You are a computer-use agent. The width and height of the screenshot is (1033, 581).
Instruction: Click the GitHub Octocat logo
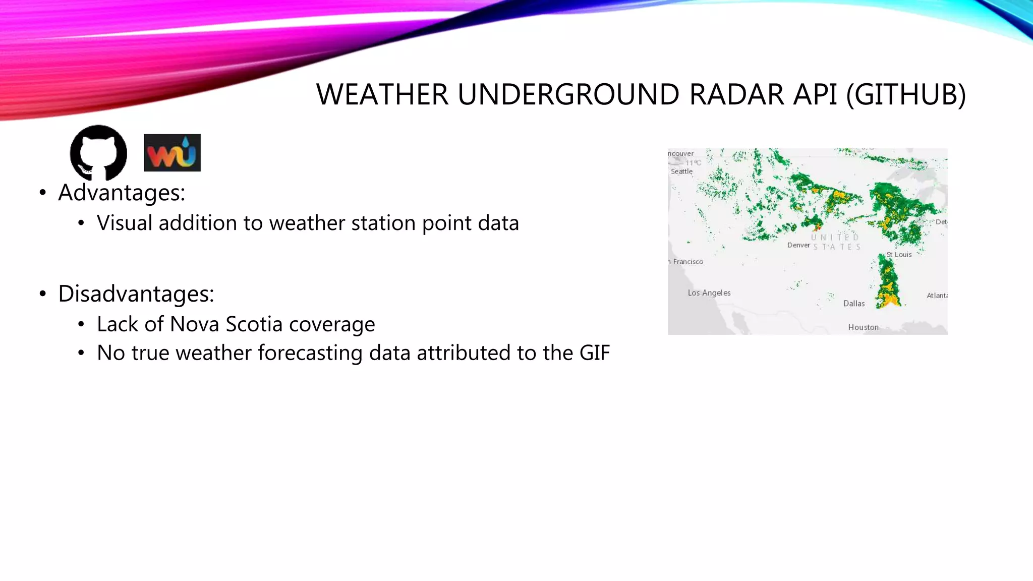(x=98, y=152)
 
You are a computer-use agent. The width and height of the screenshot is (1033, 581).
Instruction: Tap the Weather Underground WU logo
(x=172, y=153)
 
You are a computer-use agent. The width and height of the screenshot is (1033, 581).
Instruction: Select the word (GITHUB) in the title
(x=905, y=94)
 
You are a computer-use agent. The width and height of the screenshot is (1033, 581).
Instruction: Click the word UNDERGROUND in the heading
(x=568, y=94)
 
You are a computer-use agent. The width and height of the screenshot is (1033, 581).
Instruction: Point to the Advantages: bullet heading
(x=122, y=193)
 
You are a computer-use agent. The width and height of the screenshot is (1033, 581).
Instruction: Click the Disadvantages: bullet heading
(x=136, y=294)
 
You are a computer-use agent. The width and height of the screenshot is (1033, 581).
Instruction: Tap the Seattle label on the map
(x=681, y=171)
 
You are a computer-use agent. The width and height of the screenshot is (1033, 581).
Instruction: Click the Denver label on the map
(x=798, y=245)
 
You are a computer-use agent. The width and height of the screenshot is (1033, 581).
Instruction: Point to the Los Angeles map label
(x=709, y=293)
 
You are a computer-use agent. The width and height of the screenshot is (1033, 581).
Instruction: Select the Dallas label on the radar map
(x=854, y=303)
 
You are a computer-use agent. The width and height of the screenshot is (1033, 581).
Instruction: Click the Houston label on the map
(x=863, y=327)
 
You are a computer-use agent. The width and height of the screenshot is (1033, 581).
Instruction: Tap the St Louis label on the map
(x=899, y=255)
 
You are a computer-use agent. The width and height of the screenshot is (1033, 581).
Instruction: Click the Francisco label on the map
(x=687, y=262)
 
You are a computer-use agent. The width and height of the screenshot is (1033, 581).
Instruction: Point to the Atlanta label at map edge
(x=937, y=296)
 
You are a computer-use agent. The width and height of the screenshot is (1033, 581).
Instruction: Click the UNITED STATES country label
(x=836, y=242)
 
